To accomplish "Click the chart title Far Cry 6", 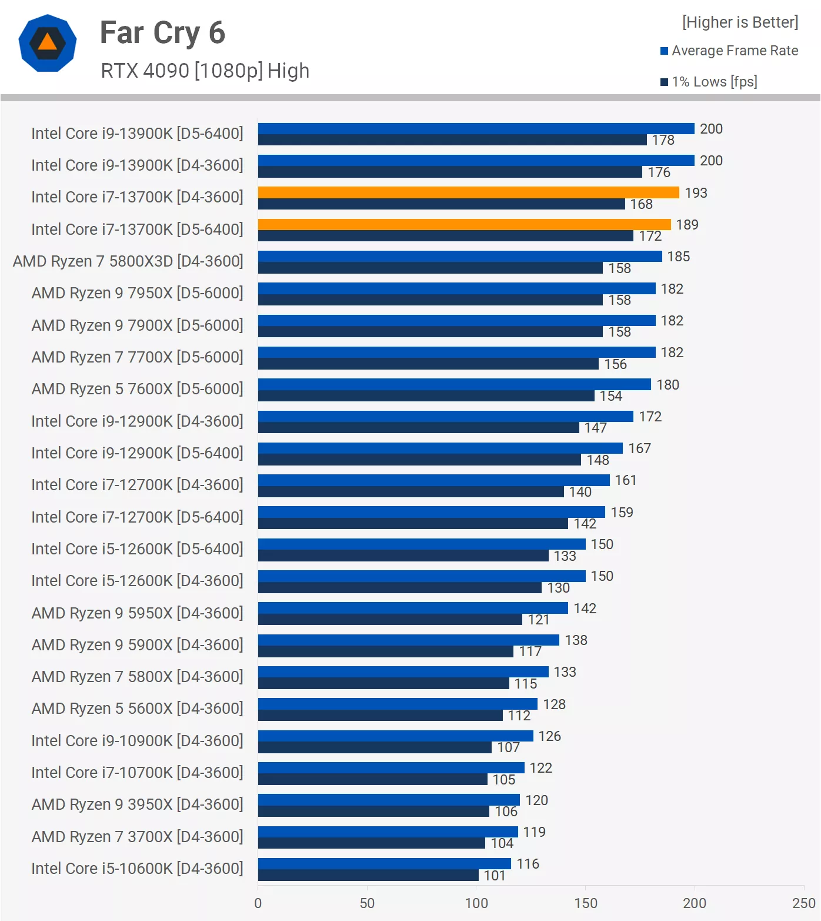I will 162,33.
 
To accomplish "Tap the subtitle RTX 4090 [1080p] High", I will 205,71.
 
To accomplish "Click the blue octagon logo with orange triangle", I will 48,44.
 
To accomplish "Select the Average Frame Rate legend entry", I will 729,51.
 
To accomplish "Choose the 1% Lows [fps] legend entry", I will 709,82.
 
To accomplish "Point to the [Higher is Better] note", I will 740,22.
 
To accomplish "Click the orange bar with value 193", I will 468,192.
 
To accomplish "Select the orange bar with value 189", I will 464,224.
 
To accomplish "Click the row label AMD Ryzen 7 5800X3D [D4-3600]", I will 128,261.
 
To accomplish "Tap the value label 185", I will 678,257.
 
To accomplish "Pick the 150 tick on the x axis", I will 585,903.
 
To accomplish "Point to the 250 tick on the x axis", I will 803,903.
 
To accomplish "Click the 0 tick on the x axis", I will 258,903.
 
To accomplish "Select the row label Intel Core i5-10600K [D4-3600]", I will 137,869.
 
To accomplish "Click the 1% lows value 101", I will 494,876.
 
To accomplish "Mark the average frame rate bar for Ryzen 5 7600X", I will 454,384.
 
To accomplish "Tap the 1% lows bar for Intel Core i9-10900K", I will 375,747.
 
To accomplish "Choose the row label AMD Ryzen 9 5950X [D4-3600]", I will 137,613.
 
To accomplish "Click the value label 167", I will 639,448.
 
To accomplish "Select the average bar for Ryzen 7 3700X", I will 388,832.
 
